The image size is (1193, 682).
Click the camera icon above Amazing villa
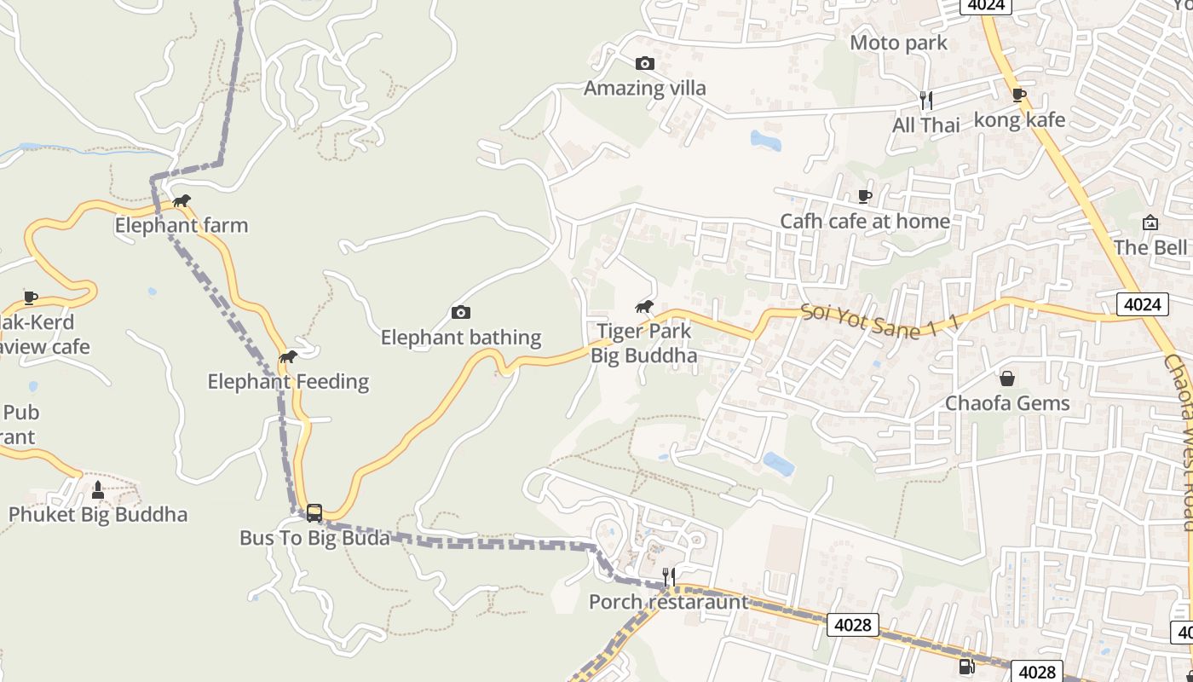coord(645,63)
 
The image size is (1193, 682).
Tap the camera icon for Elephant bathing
coord(461,313)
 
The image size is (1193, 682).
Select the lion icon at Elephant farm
coord(182,201)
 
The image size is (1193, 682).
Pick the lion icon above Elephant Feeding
coord(288,357)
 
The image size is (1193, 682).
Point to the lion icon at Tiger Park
coord(644,307)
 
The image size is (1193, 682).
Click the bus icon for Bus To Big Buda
coord(314,512)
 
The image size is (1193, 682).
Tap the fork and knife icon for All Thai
coord(926,101)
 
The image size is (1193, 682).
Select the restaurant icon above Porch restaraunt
coord(669,577)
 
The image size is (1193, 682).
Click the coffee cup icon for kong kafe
coord(1018,95)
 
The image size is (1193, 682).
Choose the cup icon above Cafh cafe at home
coord(865,196)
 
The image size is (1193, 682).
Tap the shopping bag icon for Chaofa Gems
coord(1007,378)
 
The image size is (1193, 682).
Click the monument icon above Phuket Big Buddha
coord(97,489)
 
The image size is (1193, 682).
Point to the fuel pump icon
coord(966,667)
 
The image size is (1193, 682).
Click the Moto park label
coord(898,43)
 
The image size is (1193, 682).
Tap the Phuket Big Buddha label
coord(98,515)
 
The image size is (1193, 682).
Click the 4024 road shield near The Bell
coord(1142,304)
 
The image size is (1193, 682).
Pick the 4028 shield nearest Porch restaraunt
coord(852,625)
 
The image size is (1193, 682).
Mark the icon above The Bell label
coord(1150,223)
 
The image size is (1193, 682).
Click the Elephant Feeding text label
coord(288,382)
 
